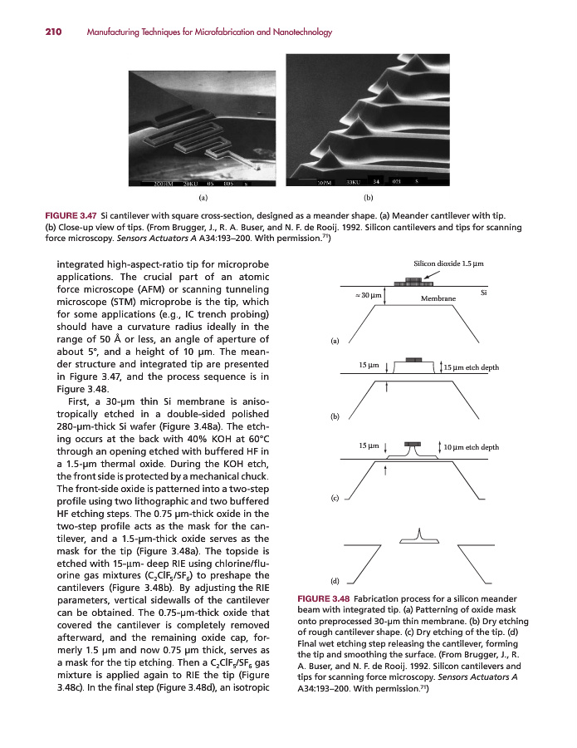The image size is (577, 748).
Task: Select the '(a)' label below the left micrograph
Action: coord(203,198)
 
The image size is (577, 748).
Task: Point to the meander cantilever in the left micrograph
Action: coord(199,133)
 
